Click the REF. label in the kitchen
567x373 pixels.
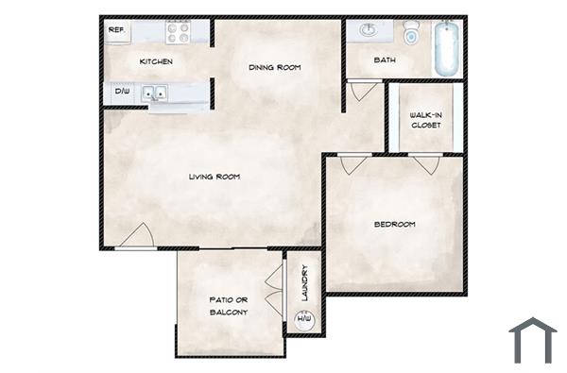pyautogui.click(x=117, y=30)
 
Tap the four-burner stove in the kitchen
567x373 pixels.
pyautogui.click(x=179, y=32)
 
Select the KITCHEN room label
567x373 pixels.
pyautogui.click(x=156, y=61)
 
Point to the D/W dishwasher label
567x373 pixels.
pyautogui.click(x=122, y=92)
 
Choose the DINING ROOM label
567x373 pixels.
pyautogui.click(x=274, y=67)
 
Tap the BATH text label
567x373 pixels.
pyautogui.click(x=385, y=60)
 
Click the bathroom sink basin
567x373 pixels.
pyautogui.click(x=369, y=31)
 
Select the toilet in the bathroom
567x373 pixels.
pyautogui.click(x=411, y=35)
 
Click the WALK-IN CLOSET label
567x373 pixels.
pyautogui.click(x=425, y=119)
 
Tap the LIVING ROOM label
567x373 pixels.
pyautogui.click(x=214, y=177)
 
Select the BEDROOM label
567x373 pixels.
pyautogui.click(x=395, y=224)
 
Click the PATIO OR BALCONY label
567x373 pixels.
pyautogui.click(x=228, y=305)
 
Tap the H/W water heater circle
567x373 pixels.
pyautogui.click(x=304, y=321)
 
